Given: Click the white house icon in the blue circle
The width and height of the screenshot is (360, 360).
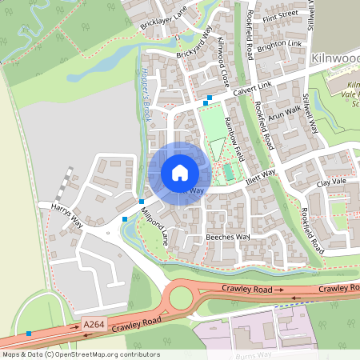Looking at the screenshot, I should point(180,172).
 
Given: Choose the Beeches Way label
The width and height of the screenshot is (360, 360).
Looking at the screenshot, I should point(228,238).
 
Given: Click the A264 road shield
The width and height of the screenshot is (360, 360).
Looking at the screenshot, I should point(94,325).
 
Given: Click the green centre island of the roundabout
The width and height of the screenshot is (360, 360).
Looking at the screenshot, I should point(180,300).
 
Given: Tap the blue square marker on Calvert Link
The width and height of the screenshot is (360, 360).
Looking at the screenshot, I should point(209,100).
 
